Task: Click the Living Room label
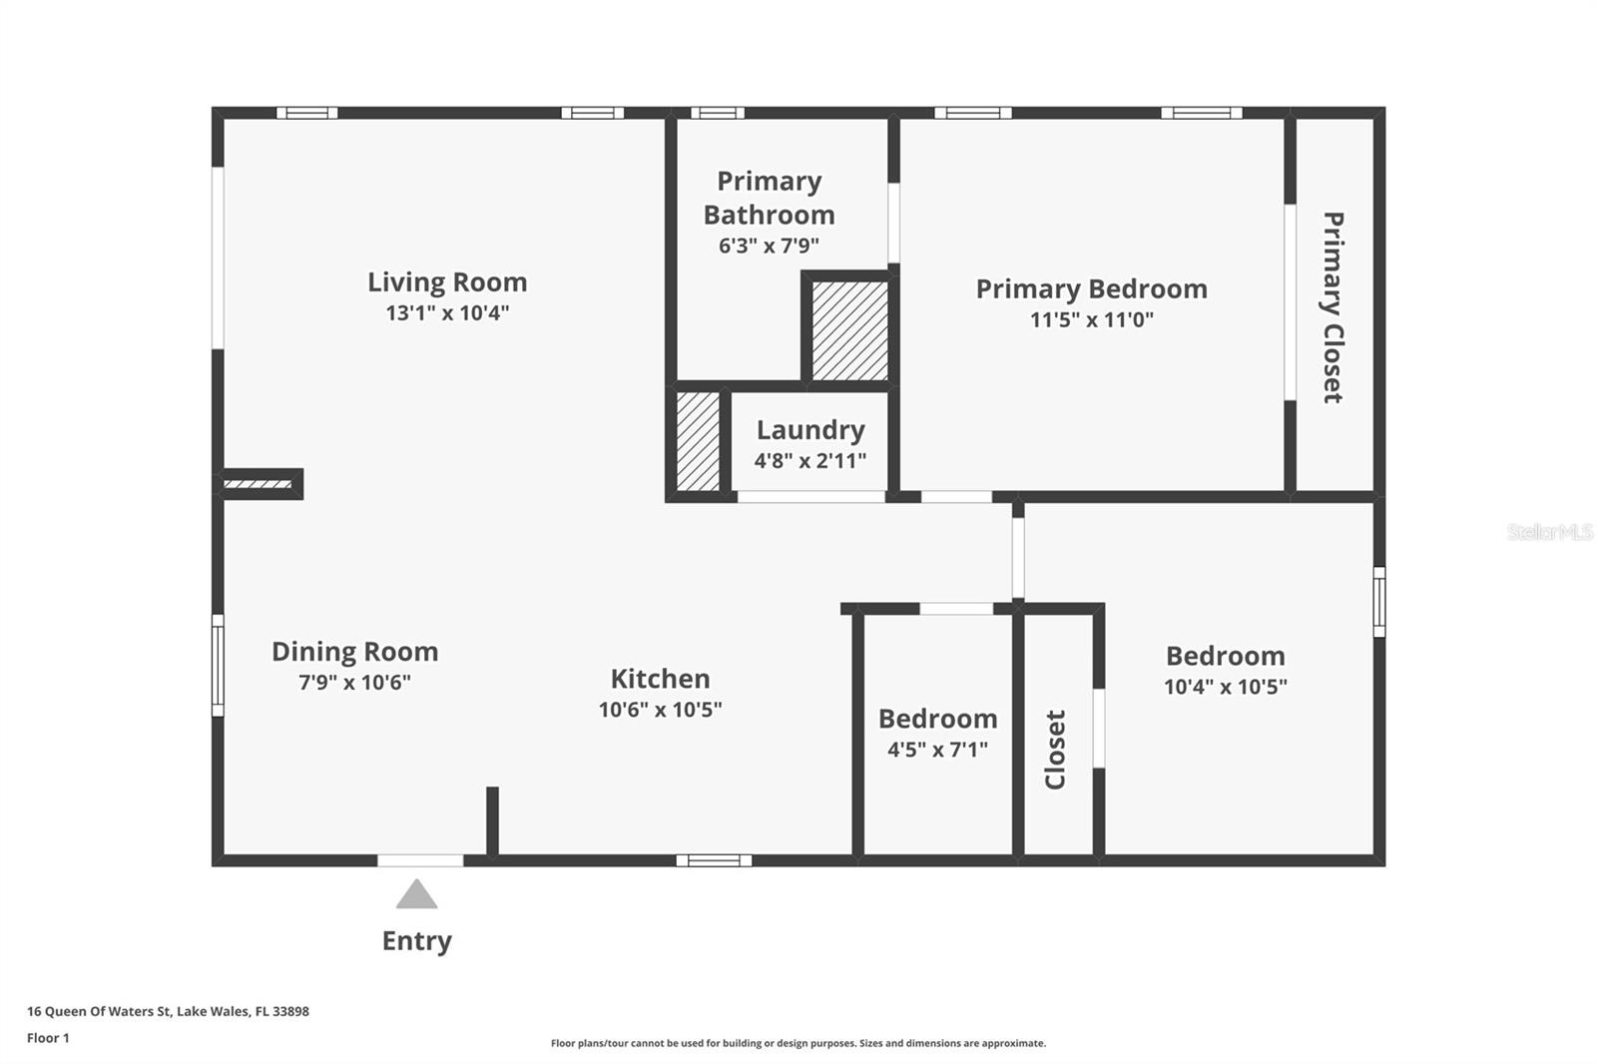[x=446, y=282]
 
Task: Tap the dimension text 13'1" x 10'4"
[x=447, y=313]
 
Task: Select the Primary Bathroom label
[x=769, y=198]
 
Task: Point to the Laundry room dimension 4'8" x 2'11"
[x=809, y=461]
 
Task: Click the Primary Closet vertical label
[x=1332, y=306]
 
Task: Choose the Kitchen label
[x=660, y=679]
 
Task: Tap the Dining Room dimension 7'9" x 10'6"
[x=354, y=683]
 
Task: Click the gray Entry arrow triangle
[x=416, y=895]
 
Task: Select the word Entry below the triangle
[x=416, y=941]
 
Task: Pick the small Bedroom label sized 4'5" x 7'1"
[x=937, y=719]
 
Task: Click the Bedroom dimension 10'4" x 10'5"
[x=1225, y=687]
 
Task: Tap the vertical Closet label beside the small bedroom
[x=1055, y=749]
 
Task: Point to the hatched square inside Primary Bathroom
[x=849, y=330]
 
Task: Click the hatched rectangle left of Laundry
[x=698, y=441]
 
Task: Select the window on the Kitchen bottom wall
[x=714, y=860]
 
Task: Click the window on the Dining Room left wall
[x=218, y=665]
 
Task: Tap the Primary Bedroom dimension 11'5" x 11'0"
[x=1091, y=320]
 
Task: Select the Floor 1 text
[x=48, y=1038]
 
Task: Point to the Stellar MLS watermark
[x=1549, y=532]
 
